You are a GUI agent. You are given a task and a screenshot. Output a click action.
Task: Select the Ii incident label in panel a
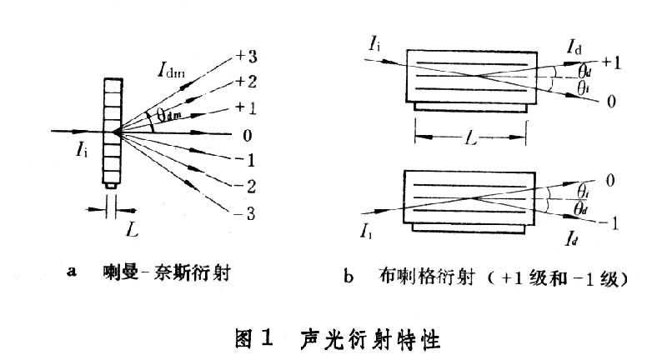pos(81,150)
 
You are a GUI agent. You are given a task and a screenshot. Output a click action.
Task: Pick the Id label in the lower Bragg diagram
pos(571,241)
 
